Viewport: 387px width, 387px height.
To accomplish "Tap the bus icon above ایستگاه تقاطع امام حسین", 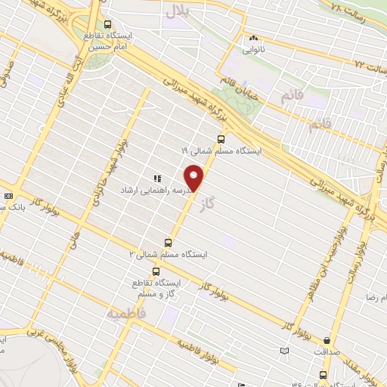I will tap(107, 24).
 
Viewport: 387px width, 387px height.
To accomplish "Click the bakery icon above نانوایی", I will tap(252, 39).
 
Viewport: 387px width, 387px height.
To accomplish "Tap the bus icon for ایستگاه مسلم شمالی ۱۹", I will tap(221, 138).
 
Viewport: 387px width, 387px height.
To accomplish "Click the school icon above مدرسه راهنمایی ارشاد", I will tap(156, 178).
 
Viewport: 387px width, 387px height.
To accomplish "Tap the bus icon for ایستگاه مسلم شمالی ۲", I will tap(168, 243).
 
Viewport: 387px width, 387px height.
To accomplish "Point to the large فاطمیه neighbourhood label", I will tap(125, 312).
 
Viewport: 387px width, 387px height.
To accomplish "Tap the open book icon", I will tap(283, 351).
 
